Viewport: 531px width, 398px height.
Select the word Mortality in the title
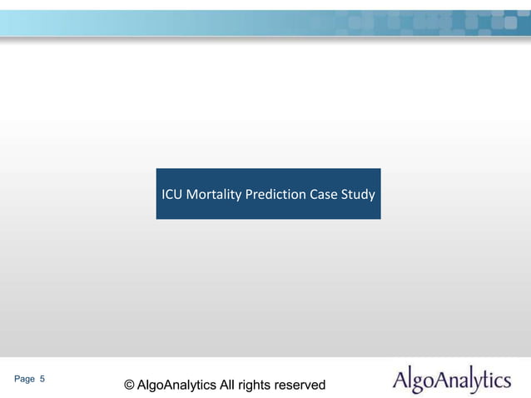tap(213, 196)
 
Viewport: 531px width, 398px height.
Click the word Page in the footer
tap(25, 379)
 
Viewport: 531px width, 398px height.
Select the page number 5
tap(42, 379)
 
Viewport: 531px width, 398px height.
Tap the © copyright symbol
tap(129, 385)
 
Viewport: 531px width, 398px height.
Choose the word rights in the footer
tap(257, 385)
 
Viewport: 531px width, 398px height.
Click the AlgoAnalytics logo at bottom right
tap(451, 381)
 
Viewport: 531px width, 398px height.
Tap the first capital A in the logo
tap(399, 381)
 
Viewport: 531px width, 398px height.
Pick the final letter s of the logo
tap(506, 382)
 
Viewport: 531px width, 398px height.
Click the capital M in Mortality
tap(191, 196)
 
